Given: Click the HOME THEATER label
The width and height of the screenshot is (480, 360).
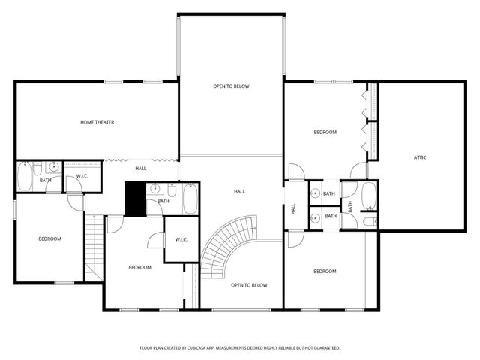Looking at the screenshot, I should (97, 122).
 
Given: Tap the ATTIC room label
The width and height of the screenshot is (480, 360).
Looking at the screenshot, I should (421, 157).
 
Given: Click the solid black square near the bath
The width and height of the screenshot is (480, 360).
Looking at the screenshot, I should (135, 198).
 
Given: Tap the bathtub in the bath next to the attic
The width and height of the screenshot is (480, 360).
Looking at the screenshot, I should (369, 196).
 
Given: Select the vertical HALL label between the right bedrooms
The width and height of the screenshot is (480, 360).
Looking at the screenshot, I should (293, 211).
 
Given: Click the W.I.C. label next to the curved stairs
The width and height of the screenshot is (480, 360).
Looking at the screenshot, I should (181, 240).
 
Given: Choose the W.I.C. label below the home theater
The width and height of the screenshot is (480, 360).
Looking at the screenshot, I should (82, 177).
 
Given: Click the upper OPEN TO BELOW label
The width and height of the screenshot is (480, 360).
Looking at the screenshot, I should (231, 86).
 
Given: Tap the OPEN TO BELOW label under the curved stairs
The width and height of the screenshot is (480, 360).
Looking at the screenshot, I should (249, 285).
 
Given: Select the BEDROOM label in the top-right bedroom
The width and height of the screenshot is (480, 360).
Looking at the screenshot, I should (325, 132).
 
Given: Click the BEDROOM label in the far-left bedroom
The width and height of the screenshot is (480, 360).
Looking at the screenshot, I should (49, 238).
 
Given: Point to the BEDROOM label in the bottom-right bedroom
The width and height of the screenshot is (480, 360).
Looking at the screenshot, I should (325, 271).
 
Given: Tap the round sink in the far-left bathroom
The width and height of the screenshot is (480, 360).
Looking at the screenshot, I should (53, 167).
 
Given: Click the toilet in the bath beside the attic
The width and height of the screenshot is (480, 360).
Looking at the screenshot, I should (368, 221).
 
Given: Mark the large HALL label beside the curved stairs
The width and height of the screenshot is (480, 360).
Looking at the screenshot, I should (239, 192).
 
